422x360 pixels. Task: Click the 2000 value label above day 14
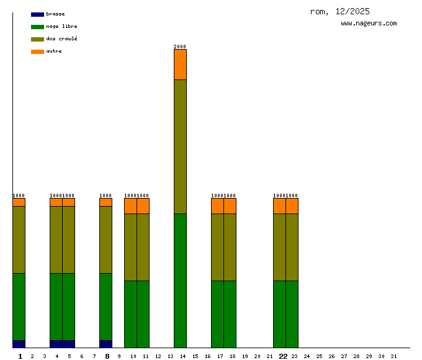tap(180, 47)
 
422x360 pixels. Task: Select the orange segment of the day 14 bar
tap(180, 65)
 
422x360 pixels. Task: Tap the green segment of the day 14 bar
tap(180, 281)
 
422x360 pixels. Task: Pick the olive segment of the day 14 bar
tap(180, 146)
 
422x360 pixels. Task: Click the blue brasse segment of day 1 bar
tap(19, 344)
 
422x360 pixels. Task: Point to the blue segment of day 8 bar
tap(105, 344)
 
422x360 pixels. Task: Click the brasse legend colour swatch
tap(37, 14)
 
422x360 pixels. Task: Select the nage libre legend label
tap(61, 27)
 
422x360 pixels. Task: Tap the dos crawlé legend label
tap(61, 38)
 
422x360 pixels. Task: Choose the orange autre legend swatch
tap(37, 52)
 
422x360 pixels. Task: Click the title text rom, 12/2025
tap(339, 11)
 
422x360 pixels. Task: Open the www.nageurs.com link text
tap(369, 24)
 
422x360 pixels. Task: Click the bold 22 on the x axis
tap(283, 356)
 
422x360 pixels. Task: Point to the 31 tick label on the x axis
tap(393, 356)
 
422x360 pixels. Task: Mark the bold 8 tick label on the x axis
tap(107, 356)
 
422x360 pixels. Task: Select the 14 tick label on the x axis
tap(182, 356)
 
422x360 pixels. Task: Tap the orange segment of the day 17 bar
tap(217, 206)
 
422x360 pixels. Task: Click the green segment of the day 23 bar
tap(292, 314)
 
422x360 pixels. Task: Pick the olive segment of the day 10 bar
tap(130, 247)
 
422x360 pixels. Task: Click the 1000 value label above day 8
tap(105, 196)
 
